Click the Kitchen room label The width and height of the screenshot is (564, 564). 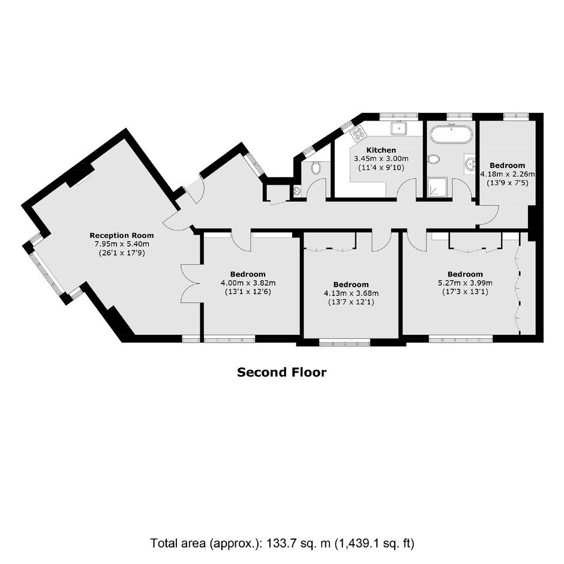(381, 150)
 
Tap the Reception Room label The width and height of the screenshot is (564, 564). (122, 236)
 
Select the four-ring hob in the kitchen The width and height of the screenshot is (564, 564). (358, 133)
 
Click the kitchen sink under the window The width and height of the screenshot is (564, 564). (399, 127)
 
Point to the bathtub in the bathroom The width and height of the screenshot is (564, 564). (451, 133)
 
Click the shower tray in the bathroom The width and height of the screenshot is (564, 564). (438, 187)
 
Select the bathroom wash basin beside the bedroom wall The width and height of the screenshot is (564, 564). (470, 164)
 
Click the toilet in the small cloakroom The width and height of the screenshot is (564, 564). (316, 168)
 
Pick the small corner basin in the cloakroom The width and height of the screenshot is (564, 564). (297, 191)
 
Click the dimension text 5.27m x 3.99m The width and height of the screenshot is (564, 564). (465, 283)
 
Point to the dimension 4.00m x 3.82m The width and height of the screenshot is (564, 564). (248, 283)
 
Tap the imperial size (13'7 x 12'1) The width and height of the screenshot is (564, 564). (351, 302)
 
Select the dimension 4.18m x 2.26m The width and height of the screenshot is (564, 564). (508, 174)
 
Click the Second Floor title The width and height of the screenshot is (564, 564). (281, 372)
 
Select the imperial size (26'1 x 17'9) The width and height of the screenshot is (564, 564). (122, 253)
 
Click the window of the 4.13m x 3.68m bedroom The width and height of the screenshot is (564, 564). (344, 343)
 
